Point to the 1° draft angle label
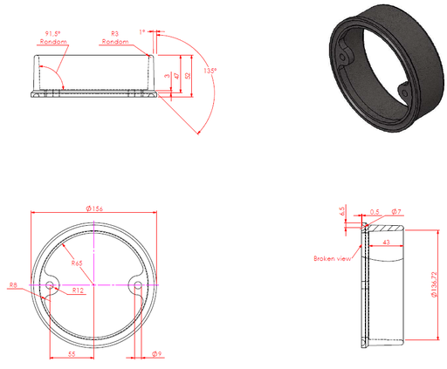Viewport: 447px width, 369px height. tap(141, 32)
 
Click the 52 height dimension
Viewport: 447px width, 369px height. tap(187, 77)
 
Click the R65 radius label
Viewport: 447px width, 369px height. tap(78, 262)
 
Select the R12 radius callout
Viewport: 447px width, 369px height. tap(77, 290)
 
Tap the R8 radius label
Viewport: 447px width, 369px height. tap(12, 285)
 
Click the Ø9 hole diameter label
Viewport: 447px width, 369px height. tap(155, 353)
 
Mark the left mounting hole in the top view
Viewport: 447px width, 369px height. tap(51, 284)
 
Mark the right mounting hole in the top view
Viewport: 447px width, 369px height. tap(136, 284)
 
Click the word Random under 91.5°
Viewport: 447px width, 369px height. tap(54, 41)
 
